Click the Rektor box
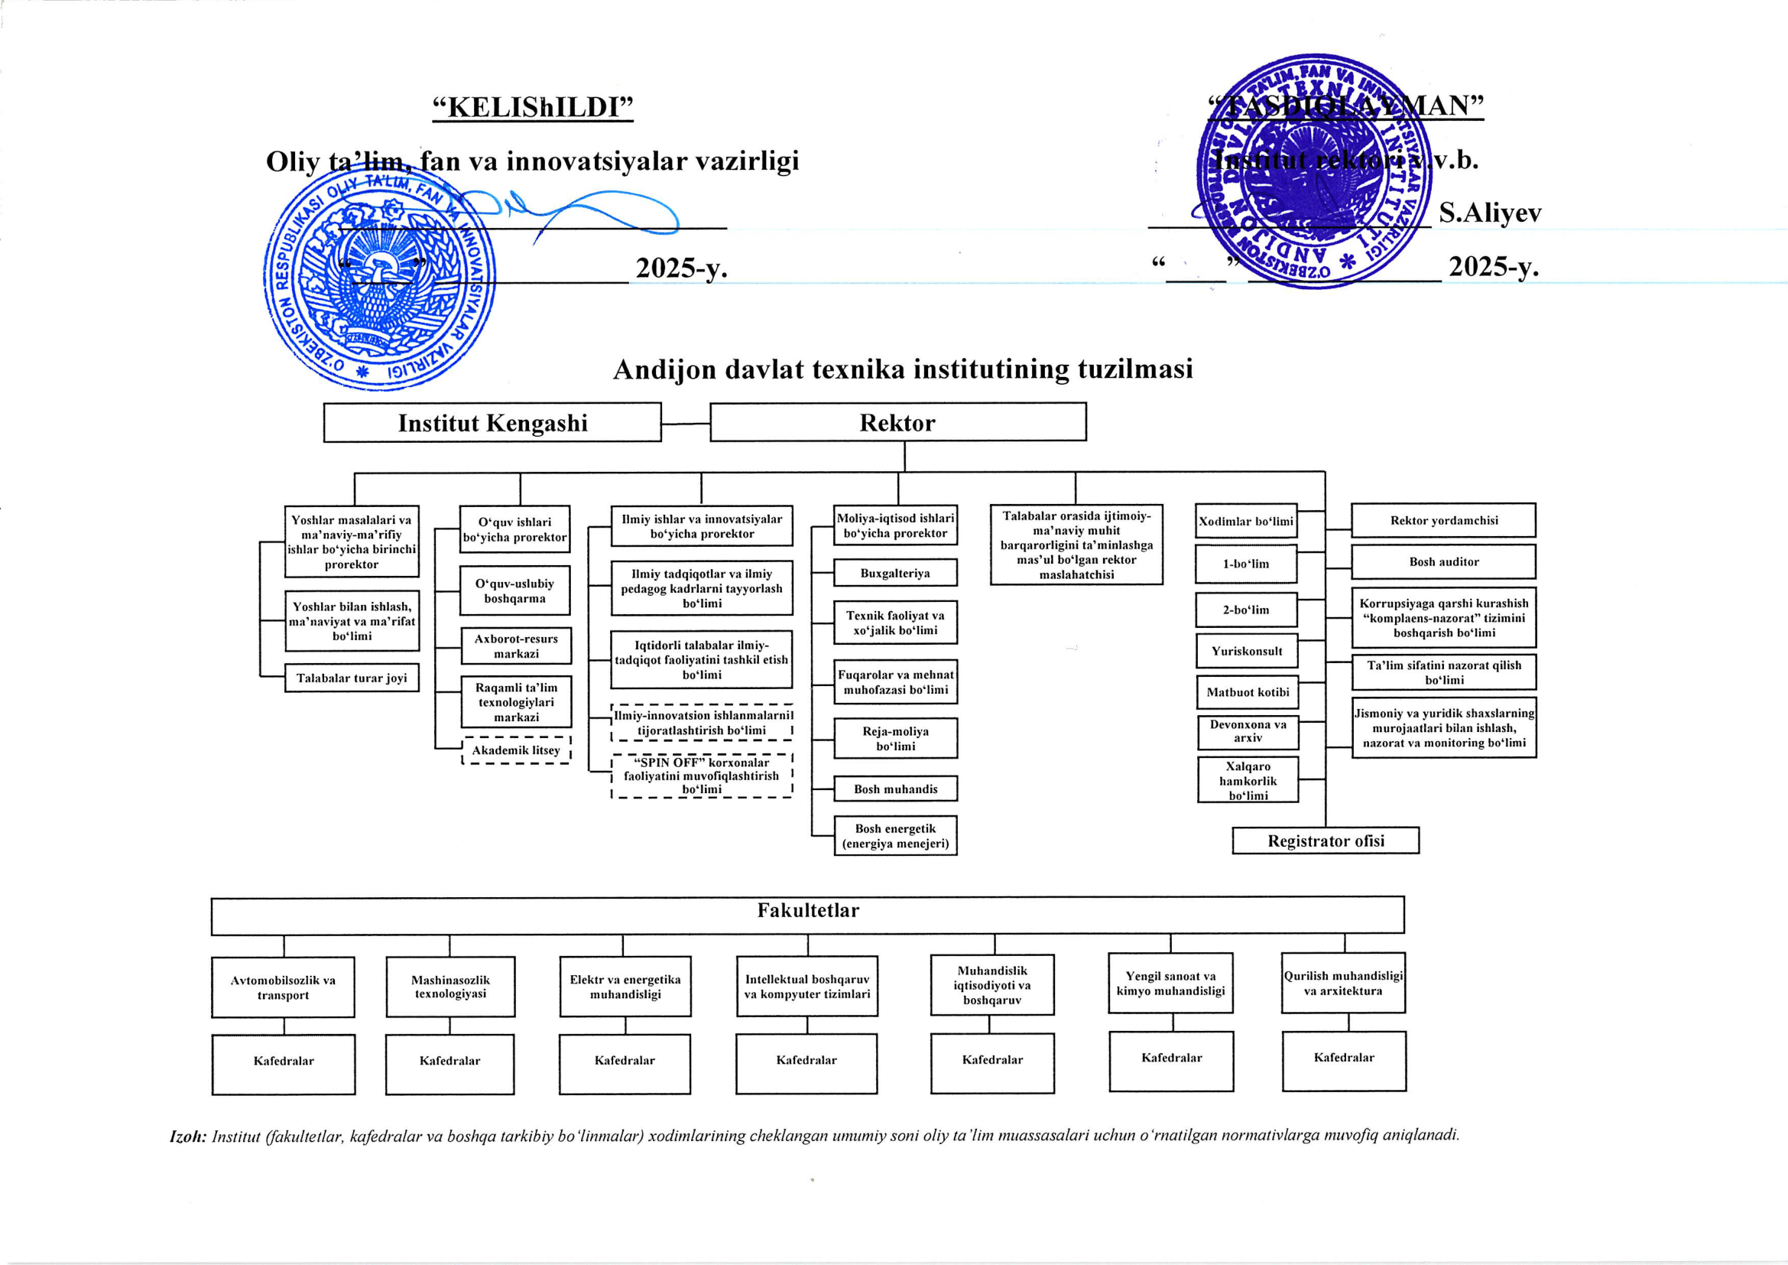click(897, 422)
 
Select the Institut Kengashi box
click(492, 423)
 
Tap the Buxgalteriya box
click(895, 574)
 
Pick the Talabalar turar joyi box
click(351, 678)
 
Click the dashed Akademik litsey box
click(515, 750)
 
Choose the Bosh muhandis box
click(895, 789)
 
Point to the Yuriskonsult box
click(1246, 651)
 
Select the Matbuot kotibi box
click(1247, 691)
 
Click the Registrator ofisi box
click(1326, 841)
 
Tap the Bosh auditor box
click(1443, 561)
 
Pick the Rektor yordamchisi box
click(1443, 520)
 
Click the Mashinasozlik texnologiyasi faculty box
click(450, 986)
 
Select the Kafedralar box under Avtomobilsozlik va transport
click(284, 1061)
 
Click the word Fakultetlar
click(807, 911)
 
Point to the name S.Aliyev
click(1489, 213)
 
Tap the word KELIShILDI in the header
click(534, 107)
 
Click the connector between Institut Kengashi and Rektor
click(685, 424)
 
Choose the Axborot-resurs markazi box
click(515, 646)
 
